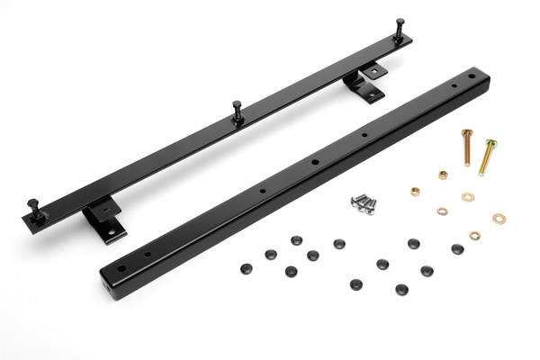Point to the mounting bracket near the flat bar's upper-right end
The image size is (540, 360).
pyautogui.click(x=364, y=85)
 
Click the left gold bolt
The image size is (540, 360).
pyautogui.click(x=468, y=148)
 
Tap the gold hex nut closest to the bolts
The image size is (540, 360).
pyautogui.click(x=443, y=175)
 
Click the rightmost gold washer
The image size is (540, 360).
pyautogui.click(x=498, y=219)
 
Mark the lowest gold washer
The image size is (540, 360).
pyautogui.click(x=474, y=236)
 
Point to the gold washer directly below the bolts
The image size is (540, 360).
pyautogui.click(x=468, y=197)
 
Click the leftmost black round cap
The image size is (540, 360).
pyautogui.click(x=245, y=267)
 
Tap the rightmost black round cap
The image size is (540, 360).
pyautogui.click(x=457, y=249)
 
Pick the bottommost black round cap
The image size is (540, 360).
pyautogui.click(x=400, y=290)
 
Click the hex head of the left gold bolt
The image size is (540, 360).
pyautogui.click(x=466, y=133)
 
